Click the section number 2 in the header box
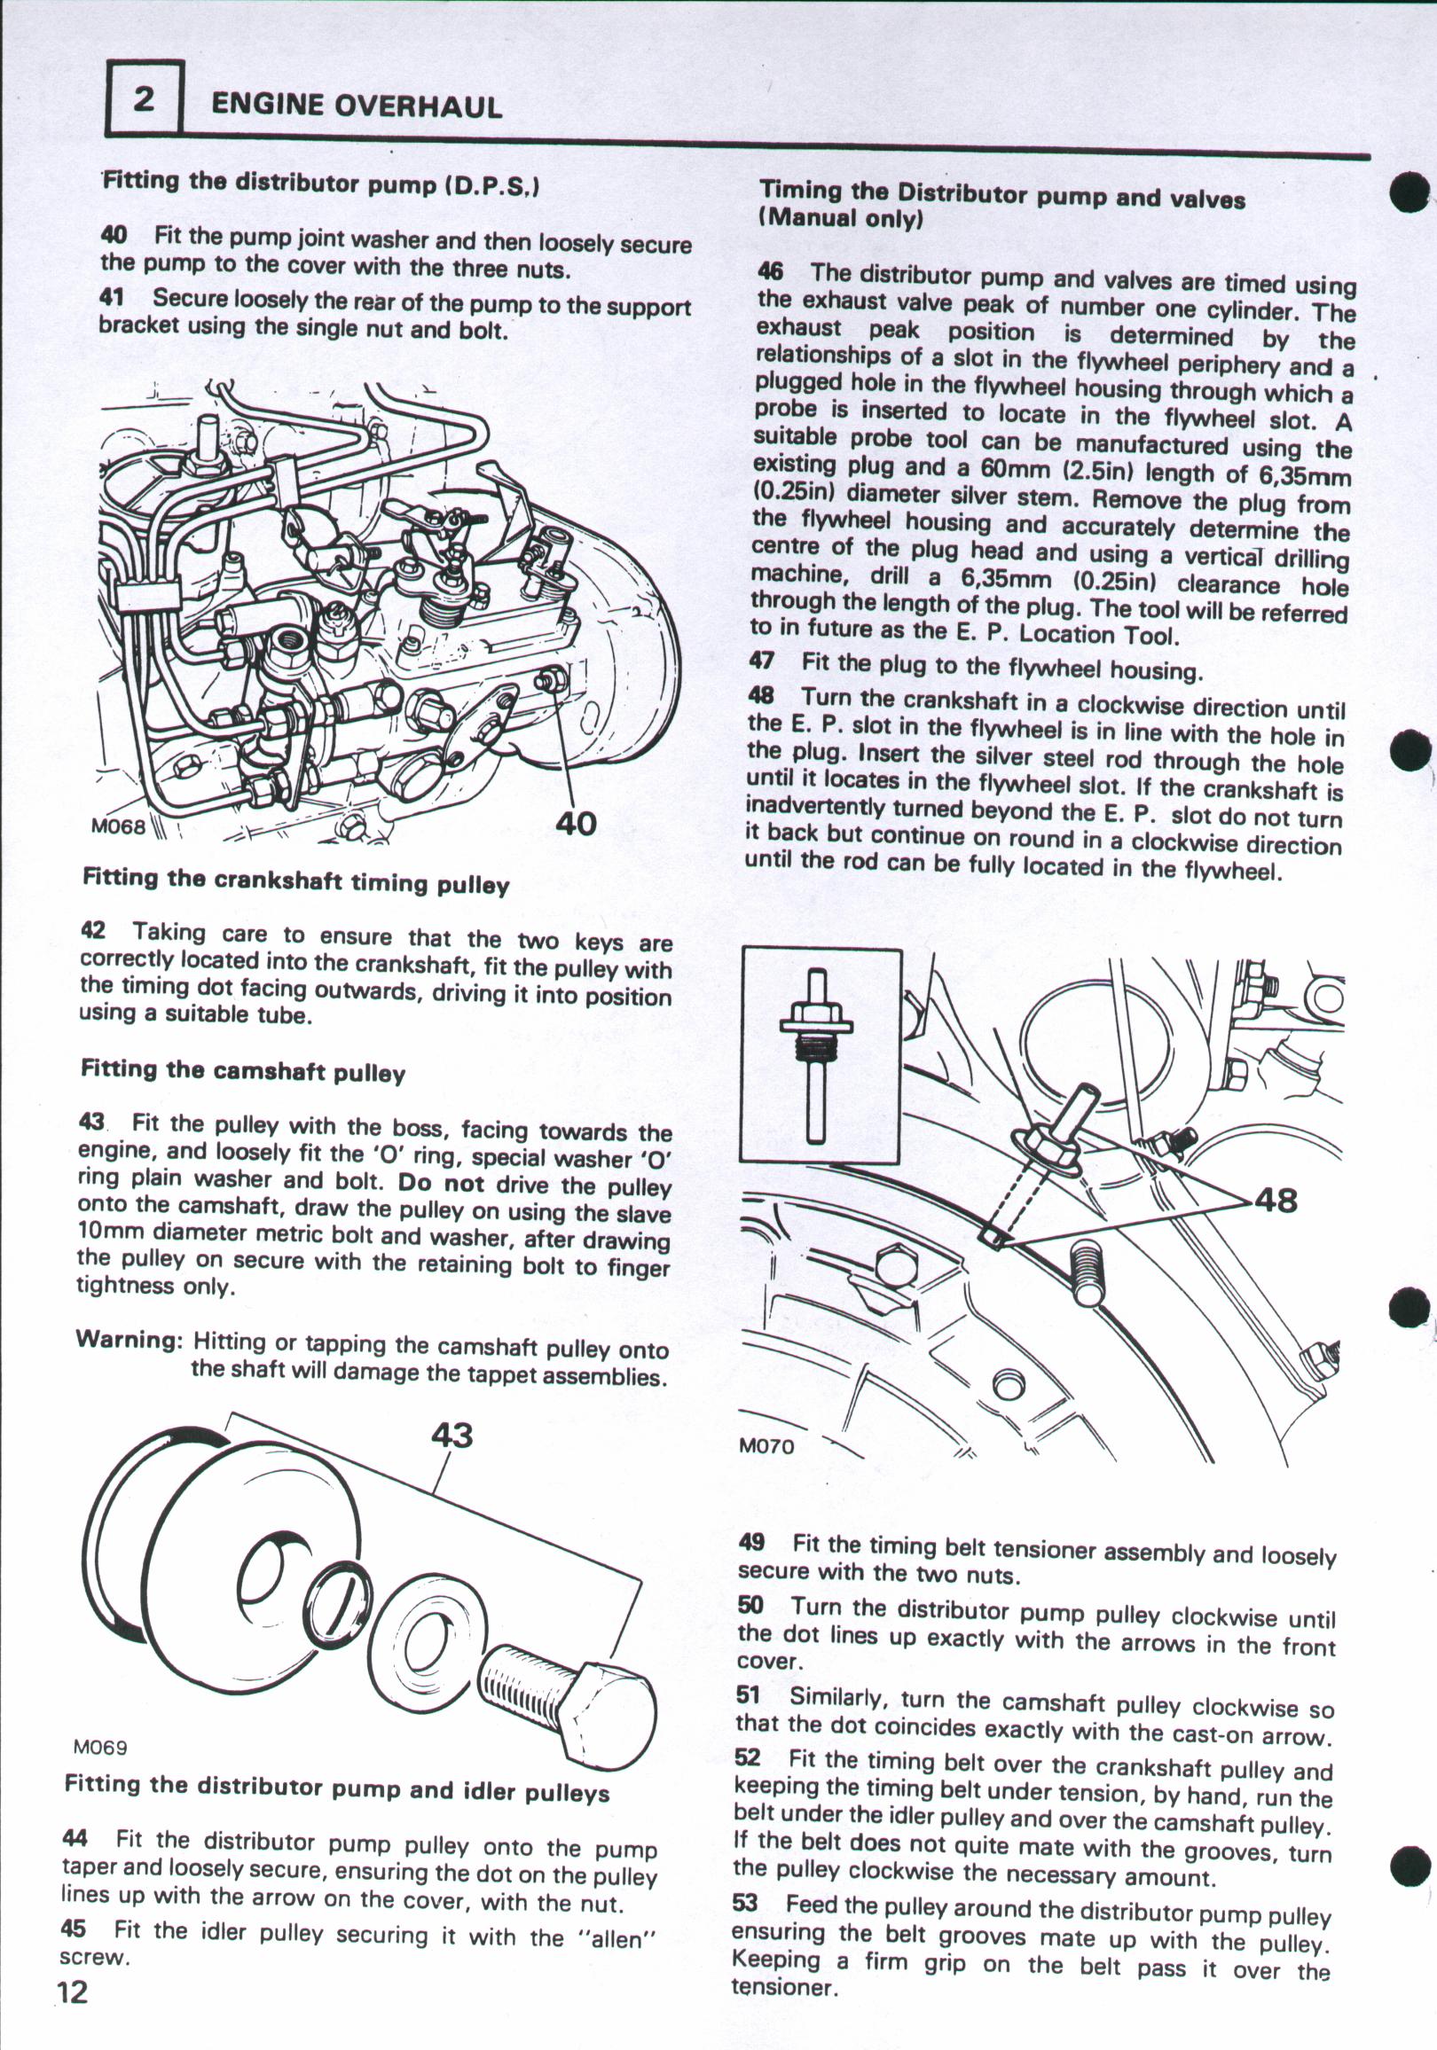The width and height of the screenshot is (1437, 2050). coord(144,98)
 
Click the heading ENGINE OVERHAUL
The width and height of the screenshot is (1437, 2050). coord(356,106)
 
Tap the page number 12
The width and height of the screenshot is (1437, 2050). coord(73,1991)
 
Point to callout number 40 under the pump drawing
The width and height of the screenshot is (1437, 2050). coord(575,822)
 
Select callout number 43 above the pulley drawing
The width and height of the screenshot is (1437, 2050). coord(452,1434)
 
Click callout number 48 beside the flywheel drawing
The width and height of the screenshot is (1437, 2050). coord(1276,1200)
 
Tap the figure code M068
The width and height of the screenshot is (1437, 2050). coord(118,825)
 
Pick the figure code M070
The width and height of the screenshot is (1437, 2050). coord(766,1445)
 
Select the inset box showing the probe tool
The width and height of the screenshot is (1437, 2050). coord(820,1055)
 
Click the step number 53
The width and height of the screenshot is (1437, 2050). coord(746,1904)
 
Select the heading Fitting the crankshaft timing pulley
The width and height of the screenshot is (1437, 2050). coord(295,881)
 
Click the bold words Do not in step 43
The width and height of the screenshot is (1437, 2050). coord(441,1183)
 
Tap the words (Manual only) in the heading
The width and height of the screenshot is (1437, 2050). coord(839,218)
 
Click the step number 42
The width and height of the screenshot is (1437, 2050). coord(93,930)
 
